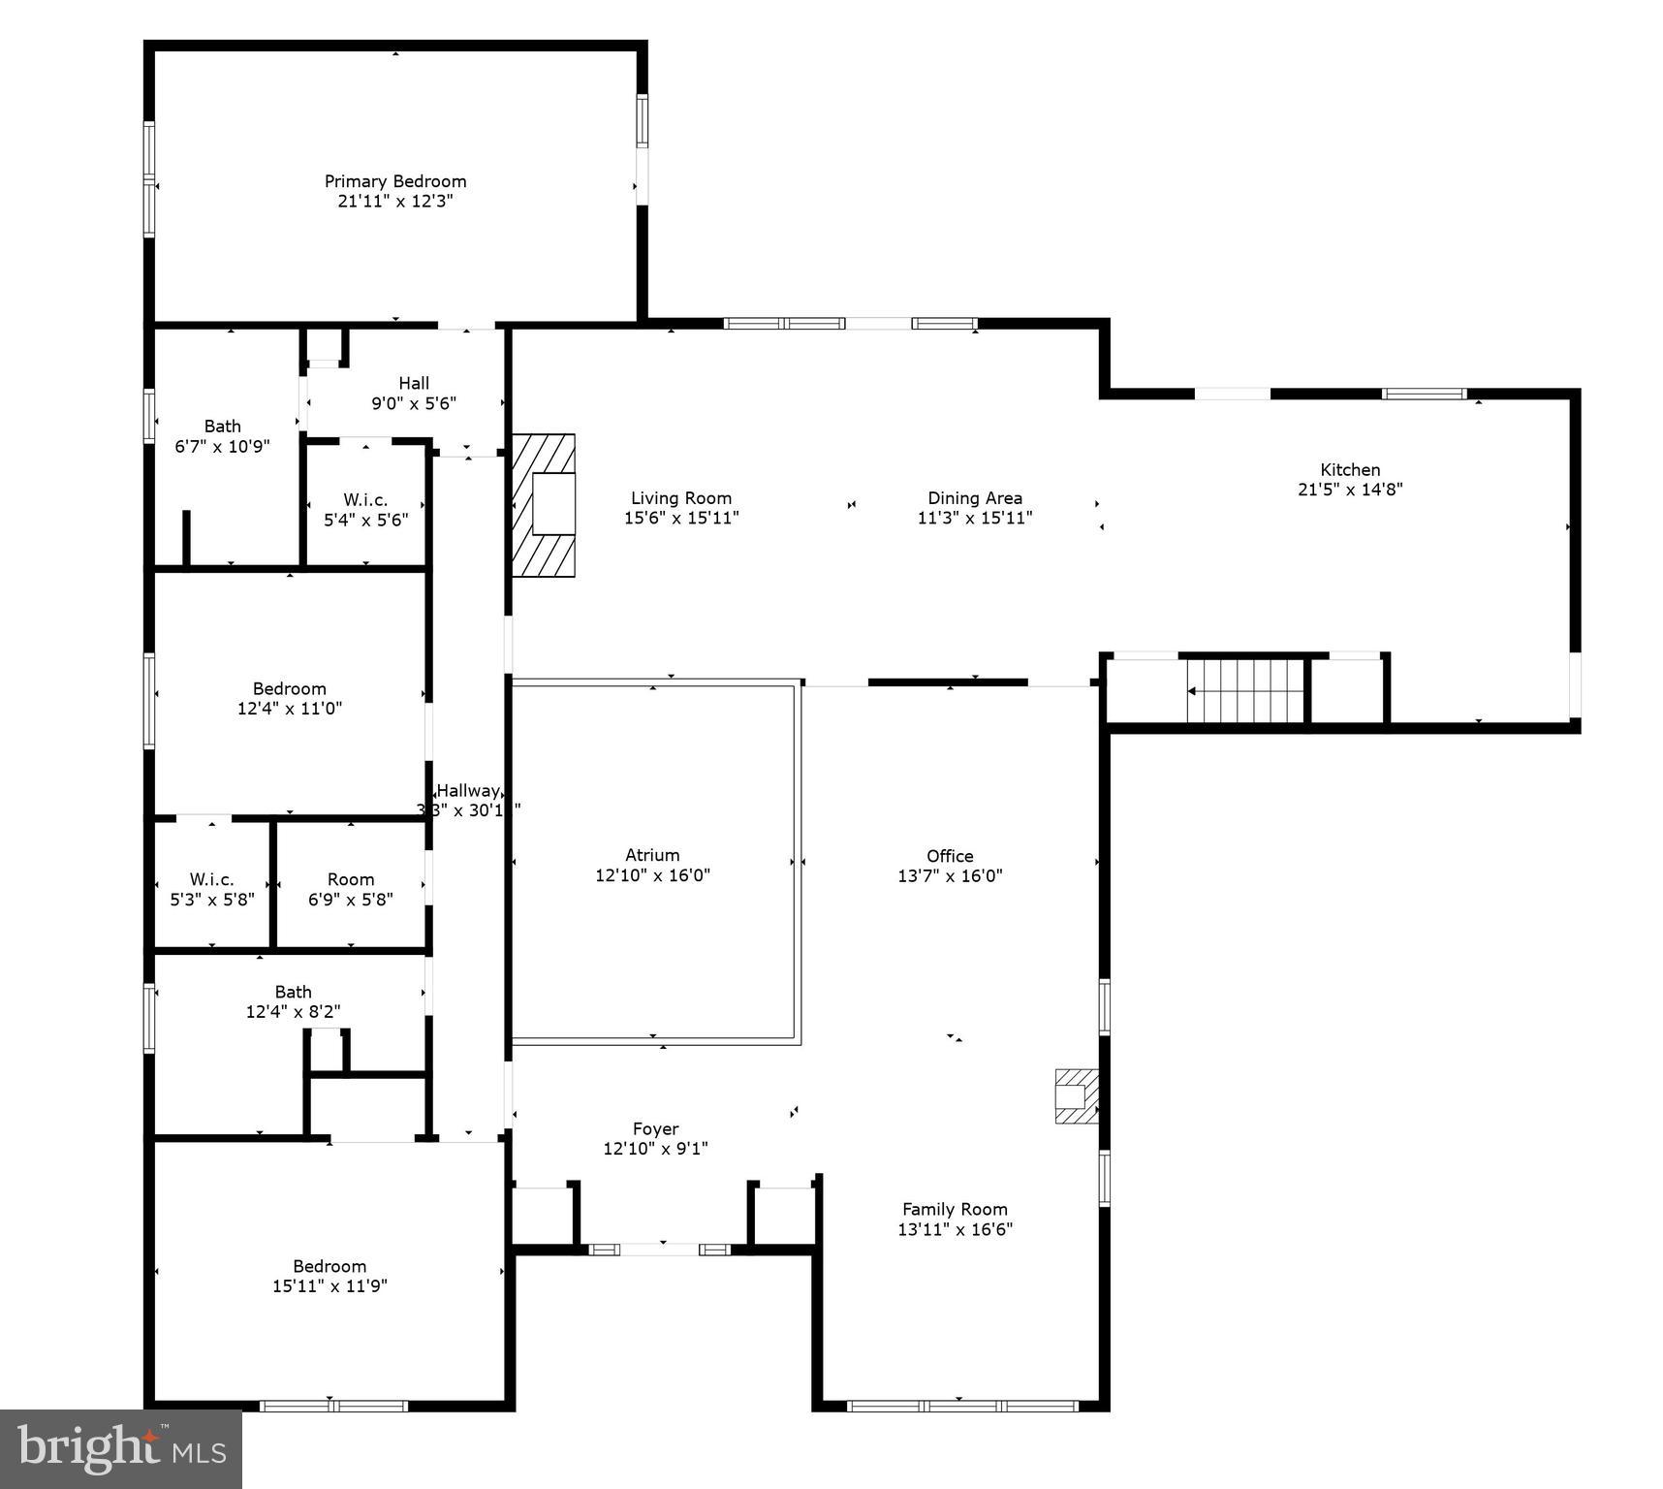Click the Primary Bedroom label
(395, 181)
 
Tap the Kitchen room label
(1350, 470)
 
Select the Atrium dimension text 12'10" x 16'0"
(652, 875)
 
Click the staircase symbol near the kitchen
(1246, 691)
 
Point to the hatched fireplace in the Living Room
(544, 505)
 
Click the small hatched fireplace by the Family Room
(1076, 1096)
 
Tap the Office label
(950, 856)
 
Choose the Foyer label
(655, 1129)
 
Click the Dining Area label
(975, 498)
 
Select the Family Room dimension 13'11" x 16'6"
(956, 1229)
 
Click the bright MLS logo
(120, 1448)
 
